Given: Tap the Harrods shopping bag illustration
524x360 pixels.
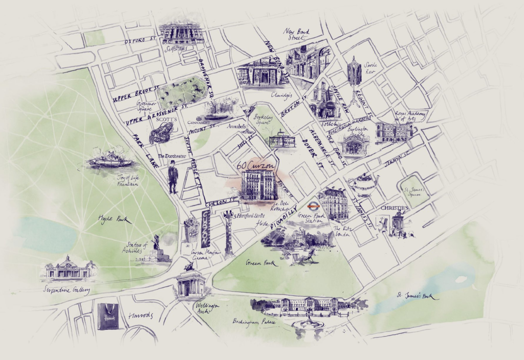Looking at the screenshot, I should [107, 317].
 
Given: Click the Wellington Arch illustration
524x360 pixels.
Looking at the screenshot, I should [190, 282].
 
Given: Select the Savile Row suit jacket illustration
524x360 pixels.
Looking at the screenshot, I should [354, 73].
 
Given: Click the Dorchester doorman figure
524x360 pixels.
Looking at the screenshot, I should [173, 177].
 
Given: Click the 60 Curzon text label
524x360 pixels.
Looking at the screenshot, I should [256, 166].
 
